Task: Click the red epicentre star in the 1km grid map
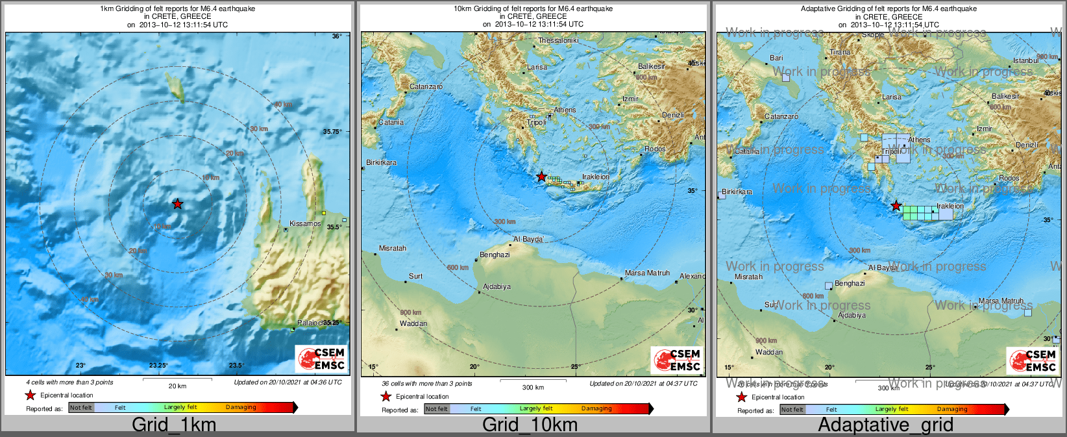click(x=177, y=204)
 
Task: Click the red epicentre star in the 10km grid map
click(x=541, y=177)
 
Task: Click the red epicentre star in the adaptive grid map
click(x=896, y=206)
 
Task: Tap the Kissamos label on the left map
click(x=305, y=223)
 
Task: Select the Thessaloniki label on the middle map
click(x=558, y=40)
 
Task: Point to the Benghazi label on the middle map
click(x=495, y=255)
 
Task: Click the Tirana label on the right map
click(x=840, y=52)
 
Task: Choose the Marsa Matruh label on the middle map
click(x=647, y=273)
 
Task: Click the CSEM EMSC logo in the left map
click(x=322, y=358)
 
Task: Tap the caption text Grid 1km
click(x=174, y=425)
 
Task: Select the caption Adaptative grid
click(x=885, y=425)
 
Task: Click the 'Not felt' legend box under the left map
click(x=81, y=407)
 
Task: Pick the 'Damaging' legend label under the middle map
click(x=596, y=408)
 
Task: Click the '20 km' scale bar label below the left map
click(x=177, y=386)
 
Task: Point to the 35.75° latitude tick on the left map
click(x=332, y=131)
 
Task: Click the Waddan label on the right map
click(x=768, y=352)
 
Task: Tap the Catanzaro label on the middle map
click(x=426, y=86)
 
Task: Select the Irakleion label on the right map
click(x=950, y=206)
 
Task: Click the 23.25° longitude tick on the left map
click(x=158, y=366)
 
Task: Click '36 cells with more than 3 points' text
click(x=427, y=383)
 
